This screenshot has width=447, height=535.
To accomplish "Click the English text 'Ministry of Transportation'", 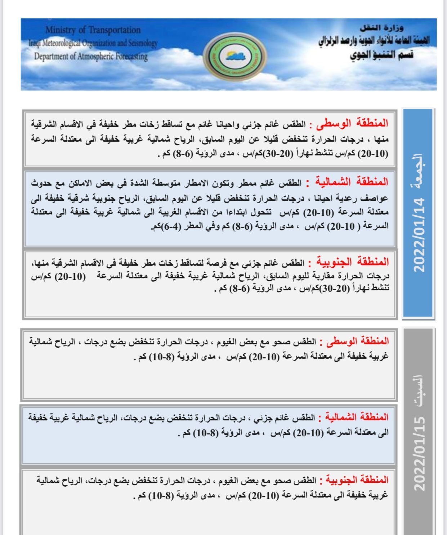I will point(93,30).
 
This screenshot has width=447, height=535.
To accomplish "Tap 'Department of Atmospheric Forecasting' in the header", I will point(91,57).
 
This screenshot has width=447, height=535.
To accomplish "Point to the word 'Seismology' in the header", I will point(143,43).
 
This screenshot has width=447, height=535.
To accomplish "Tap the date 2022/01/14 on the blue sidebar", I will point(419,235).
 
